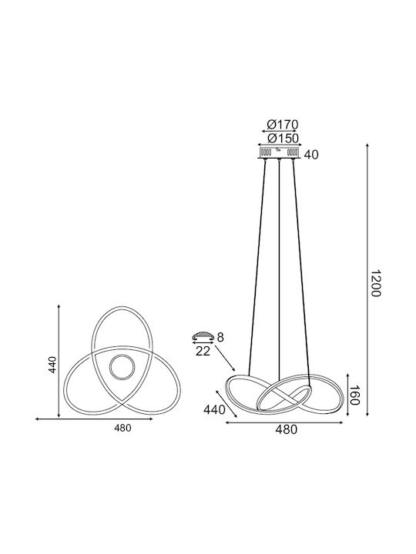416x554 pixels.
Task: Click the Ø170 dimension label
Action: [x=283, y=125]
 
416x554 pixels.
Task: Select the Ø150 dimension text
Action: [x=283, y=138]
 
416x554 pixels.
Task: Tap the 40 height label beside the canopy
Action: [x=311, y=155]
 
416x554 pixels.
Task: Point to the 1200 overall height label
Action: [x=375, y=284]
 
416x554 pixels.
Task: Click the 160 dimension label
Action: [x=355, y=395]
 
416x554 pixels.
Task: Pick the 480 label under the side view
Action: [x=286, y=429]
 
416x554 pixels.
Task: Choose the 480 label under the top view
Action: [x=122, y=429]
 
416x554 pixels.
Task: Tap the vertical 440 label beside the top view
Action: [x=52, y=365]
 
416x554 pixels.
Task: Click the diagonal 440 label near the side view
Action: [x=214, y=410]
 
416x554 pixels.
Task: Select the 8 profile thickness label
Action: [x=220, y=338]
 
